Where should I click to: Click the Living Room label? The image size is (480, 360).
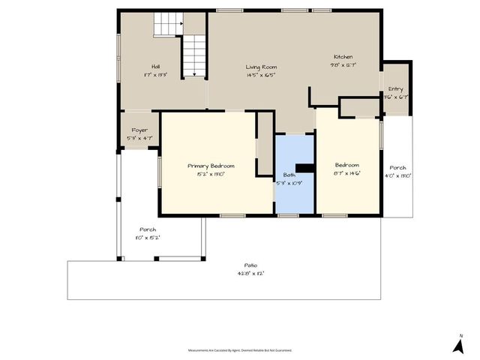261,67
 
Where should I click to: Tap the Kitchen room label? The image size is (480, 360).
343,57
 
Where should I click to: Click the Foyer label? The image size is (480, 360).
139,130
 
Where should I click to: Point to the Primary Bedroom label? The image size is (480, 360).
211,166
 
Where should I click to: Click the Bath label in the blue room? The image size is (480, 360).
289,175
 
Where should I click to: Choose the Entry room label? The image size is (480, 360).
395,88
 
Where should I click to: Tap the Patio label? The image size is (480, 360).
250,265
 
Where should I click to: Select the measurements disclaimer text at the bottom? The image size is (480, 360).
240,349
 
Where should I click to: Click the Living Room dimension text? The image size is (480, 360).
261,75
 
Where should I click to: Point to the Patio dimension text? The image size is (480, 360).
250,273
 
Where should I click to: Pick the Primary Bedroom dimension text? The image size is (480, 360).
211,173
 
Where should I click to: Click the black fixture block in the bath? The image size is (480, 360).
304,169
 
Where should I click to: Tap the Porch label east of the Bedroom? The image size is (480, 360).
397,168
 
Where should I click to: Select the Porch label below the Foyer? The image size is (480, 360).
148,229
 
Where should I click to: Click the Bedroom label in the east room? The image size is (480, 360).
346,166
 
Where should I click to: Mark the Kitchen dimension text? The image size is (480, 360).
343,64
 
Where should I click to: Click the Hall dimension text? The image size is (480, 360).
156,75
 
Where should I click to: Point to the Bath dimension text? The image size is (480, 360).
289,183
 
